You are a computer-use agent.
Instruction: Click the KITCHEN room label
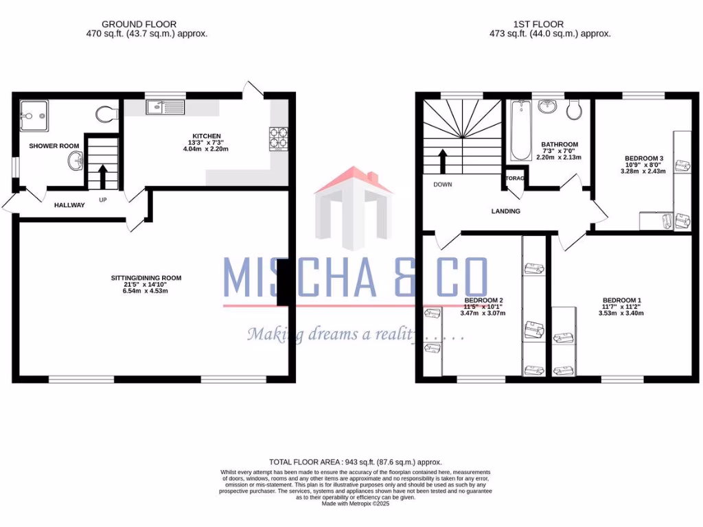(x=207, y=136)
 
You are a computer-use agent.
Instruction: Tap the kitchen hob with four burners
(x=278, y=138)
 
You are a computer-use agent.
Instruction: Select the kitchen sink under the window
(x=165, y=107)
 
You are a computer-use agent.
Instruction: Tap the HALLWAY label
(x=69, y=204)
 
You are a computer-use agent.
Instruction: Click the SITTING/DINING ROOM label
(x=146, y=278)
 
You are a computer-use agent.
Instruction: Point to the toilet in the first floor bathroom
(x=576, y=109)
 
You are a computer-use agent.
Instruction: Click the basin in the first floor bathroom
(x=548, y=106)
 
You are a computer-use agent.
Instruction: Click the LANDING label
(x=505, y=211)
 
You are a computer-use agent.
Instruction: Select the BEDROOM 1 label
(x=622, y=301)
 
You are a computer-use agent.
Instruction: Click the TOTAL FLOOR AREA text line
(x=355, y=462)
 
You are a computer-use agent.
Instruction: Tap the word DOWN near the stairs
(x=442, y=185)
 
